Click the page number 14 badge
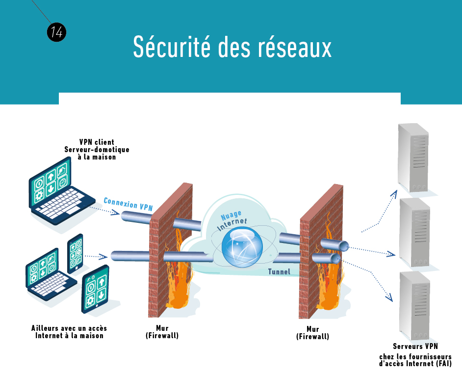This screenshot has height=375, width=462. [x=56, y=32]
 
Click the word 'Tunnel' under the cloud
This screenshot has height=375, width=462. [x=279, y=271]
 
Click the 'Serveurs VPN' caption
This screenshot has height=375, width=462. [x=415, y=347]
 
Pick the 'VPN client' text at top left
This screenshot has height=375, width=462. [x=97, y=142]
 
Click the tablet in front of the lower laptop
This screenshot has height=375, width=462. [x=96, y=290]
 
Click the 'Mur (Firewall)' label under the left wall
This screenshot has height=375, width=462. [x=162, y=332]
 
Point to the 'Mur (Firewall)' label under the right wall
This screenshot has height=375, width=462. [x=312, y=333]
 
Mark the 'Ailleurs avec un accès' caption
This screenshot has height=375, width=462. [x=69, y=328]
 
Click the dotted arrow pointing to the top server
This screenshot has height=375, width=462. [x=380, y=216]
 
